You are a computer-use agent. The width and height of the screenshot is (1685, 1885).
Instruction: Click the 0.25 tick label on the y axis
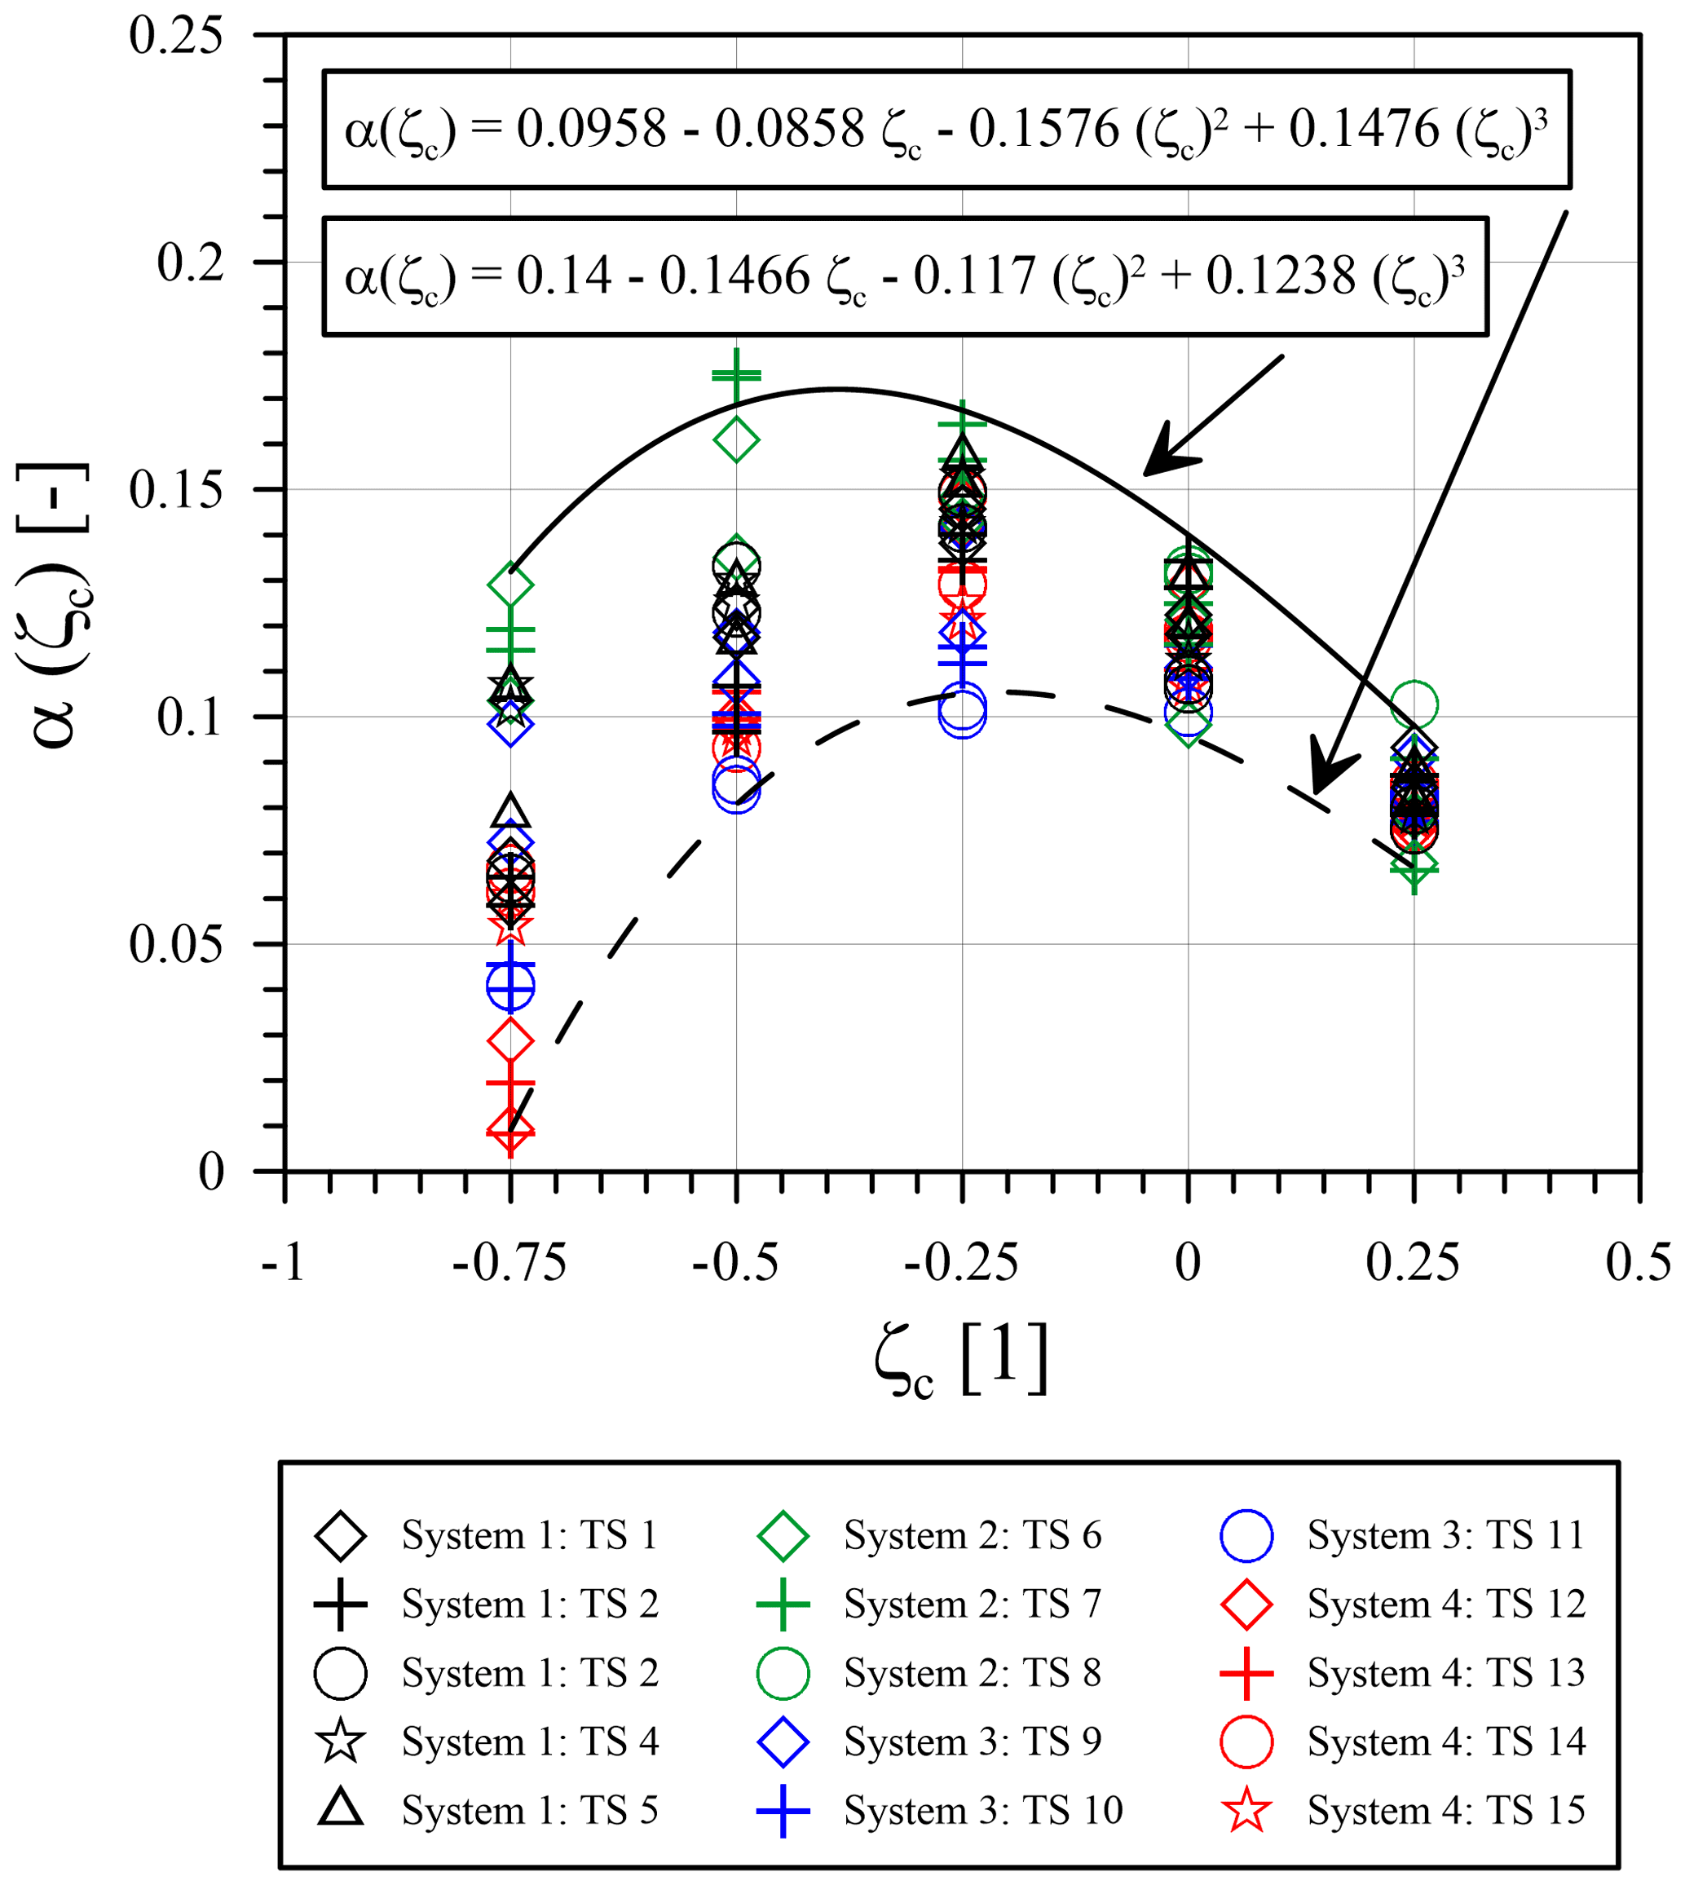[x=176, y=37]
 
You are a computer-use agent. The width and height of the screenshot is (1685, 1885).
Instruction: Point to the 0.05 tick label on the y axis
[x=176, y=945]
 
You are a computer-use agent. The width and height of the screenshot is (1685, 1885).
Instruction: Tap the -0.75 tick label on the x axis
[x=509, y=1263]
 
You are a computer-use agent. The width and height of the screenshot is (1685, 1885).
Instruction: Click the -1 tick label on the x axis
[x=284, y=1263]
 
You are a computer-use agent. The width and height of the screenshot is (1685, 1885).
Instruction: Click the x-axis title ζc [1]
[x=961, y=1359]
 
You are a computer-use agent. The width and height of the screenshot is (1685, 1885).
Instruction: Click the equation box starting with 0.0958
[x=946, y=130]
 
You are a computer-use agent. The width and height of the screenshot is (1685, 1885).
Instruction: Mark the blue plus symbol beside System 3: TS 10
[x=783, y=1811]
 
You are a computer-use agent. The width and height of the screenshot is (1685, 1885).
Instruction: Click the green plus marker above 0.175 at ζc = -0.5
[x=736, y=375]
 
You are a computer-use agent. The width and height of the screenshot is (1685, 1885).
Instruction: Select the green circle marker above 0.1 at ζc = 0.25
[x=1414, y=705]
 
